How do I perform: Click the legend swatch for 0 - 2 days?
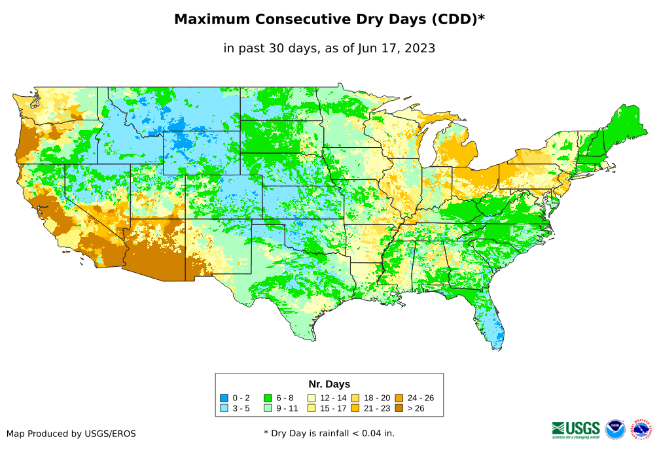(224, 398)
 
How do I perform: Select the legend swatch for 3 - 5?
(224, 408)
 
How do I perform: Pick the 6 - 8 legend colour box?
(268, 398)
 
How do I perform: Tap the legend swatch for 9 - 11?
(268, 408)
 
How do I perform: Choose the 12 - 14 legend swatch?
(312, 398)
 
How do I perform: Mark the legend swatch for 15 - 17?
(312, 408)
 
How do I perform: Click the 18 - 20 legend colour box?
(355, 398)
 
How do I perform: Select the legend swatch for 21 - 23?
(355, 408)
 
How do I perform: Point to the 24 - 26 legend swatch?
(399, 398)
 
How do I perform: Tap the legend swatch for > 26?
(399, 408)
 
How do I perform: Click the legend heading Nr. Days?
(329, 384)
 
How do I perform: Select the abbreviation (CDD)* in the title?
(456, 20)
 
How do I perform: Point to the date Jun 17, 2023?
(396, 48)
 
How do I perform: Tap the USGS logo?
(576, 429)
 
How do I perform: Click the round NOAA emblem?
(615, 429)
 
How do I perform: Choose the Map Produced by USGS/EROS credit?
(71, 434)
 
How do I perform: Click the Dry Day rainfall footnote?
(329, 434)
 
